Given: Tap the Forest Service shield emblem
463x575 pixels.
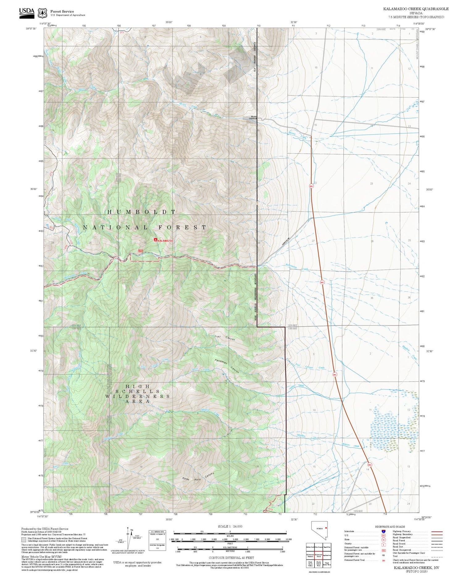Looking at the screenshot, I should (x=42, y=13).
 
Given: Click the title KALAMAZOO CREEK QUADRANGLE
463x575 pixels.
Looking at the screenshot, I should (x=416, y=9).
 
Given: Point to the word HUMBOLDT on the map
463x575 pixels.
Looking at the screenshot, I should (x=141, y=212).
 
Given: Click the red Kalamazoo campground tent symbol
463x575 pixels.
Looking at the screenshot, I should (x=155, y=240).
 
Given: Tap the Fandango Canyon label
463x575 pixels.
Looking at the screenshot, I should (x=227, y=366).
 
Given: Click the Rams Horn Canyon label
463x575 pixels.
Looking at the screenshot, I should (x=198, y=476).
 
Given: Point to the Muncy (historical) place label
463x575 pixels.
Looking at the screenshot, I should (x=253, y=117).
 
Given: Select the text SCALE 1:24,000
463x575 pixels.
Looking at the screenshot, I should (x=230, y=526).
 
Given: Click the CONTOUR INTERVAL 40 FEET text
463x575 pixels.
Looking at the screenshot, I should (x=231, y=558).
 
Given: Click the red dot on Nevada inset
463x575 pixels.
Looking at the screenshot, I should (x=326, y=528).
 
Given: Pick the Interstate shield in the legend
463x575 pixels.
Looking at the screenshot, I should (x=383, y=531).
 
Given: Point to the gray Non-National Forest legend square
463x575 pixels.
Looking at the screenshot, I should (x=24, y=540).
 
